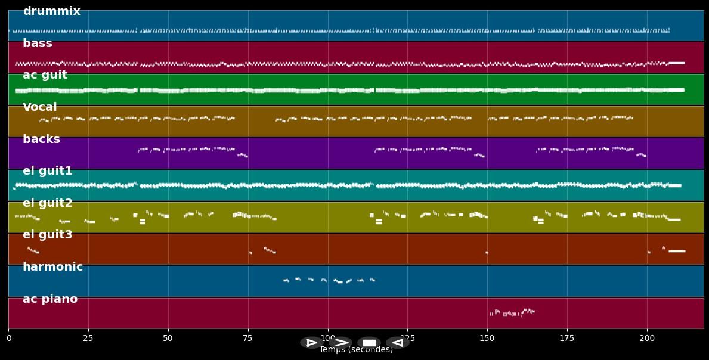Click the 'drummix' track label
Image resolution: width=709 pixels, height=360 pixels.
[51, 11]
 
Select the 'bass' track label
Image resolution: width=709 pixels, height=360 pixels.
[38, 44]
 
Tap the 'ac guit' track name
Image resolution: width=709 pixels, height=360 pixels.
[45, 75]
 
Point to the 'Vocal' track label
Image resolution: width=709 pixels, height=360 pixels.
[40, 107]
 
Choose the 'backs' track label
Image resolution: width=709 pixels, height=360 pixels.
[41, 139]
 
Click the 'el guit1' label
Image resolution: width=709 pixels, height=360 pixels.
[48, 171]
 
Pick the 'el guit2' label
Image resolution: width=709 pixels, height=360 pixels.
[48, 203]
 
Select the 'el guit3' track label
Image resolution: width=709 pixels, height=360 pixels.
[48, 235]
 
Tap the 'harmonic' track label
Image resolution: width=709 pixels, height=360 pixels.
[52, 267]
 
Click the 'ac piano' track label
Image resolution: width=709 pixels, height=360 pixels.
[50, 299]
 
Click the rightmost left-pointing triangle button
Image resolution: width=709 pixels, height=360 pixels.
[397, 343]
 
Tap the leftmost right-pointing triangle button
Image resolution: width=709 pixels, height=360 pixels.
[311, 343]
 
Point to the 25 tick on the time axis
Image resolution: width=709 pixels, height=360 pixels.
[88, 338]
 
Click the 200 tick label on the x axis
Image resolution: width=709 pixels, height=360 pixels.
[647, 338]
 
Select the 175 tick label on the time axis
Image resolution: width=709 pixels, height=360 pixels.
[567, 338]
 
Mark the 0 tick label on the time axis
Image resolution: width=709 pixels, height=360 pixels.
[8, 338]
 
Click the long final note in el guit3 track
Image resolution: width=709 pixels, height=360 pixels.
[677, 251]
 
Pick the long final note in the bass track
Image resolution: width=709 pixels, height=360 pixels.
[677, 63]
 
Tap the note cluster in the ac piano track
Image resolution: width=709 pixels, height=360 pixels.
[512, 312]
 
